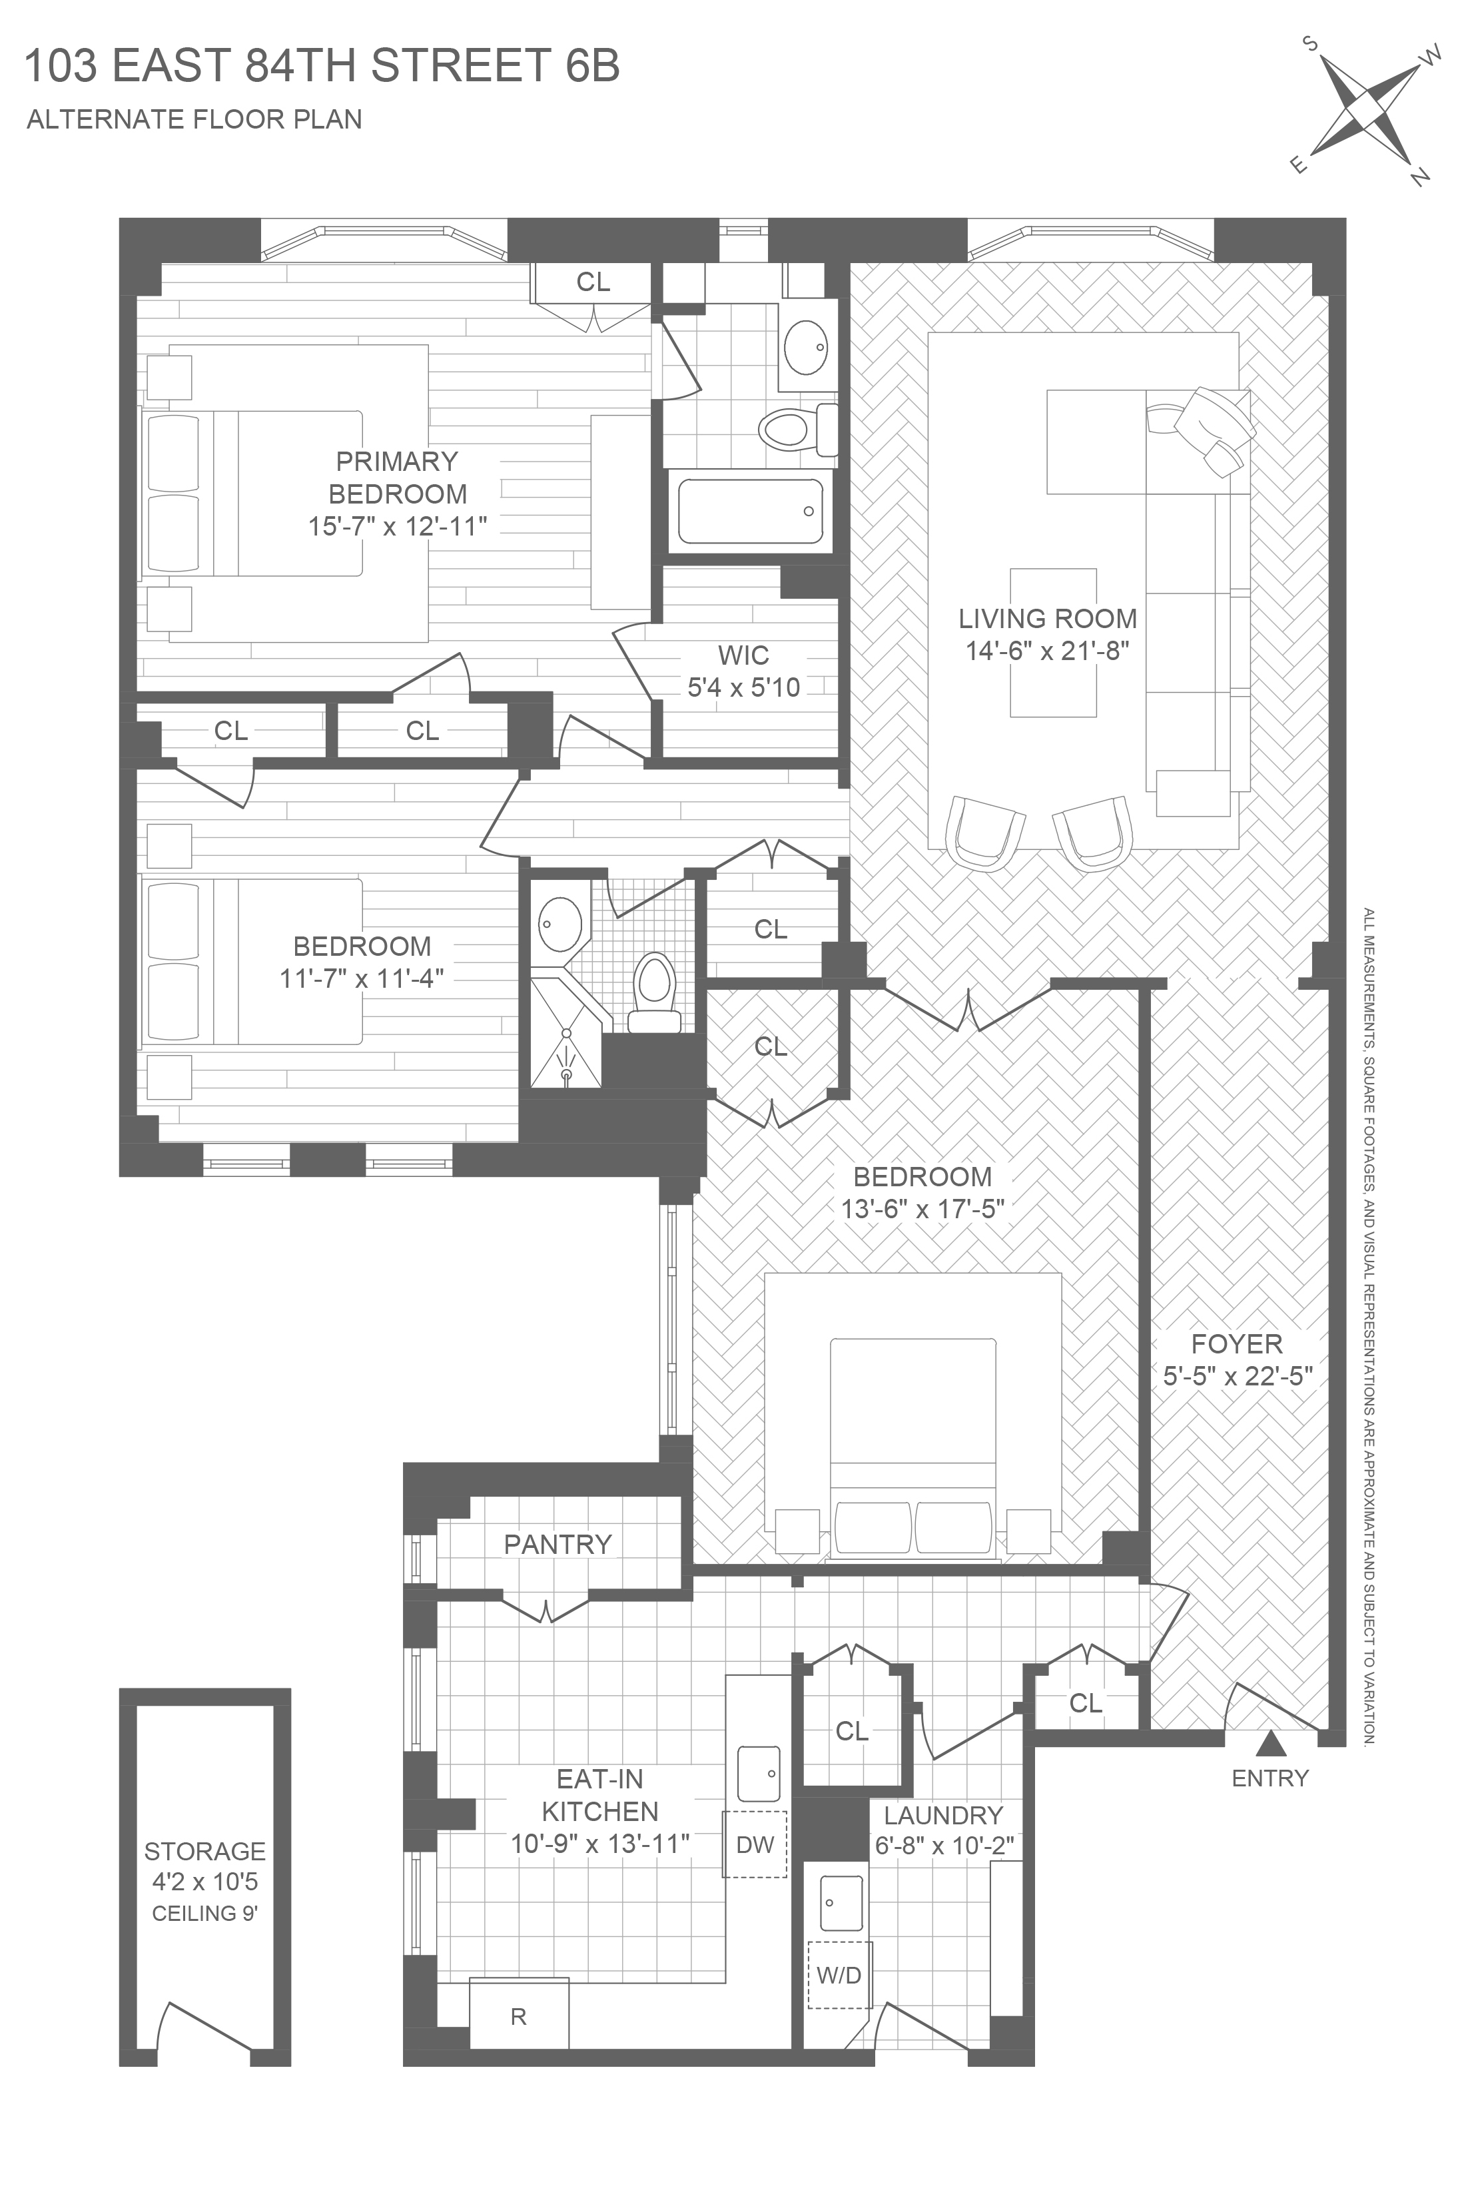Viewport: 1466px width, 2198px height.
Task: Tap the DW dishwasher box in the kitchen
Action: [755, 1844]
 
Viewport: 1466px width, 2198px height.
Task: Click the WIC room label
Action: [743, 655]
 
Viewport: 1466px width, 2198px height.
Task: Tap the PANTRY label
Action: [557, 1545]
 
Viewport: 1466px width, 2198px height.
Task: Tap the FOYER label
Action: [1236, 1344]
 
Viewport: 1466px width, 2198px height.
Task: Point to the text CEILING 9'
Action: [204, 1913]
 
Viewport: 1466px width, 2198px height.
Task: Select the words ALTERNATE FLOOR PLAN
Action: [194, 120]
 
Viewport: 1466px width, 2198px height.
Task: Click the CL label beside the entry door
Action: [1086, 1703]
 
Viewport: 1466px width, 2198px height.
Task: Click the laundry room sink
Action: [841, 1902]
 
